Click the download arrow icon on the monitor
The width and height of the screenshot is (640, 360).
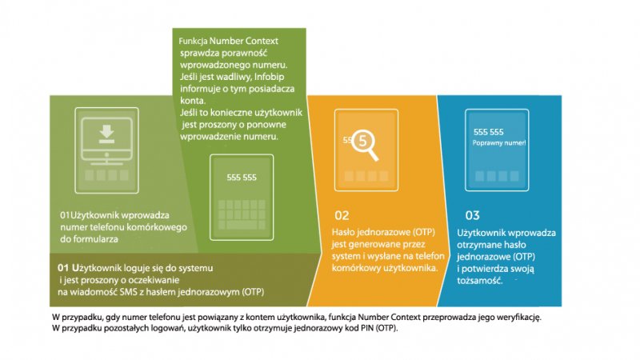point(107,134)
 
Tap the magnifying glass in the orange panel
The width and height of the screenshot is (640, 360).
point(365,144)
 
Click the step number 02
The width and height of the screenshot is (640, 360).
point(342,215)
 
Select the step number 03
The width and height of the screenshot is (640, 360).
point(473,215)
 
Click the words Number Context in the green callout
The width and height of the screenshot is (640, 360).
point(244,41)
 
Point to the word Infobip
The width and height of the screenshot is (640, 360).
point(269,77)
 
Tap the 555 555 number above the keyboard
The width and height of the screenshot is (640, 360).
point(242,178)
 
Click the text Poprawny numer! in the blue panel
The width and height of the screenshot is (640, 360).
point(498,143)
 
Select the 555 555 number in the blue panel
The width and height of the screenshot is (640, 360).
point(489,132)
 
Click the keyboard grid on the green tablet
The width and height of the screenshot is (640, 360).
point(242,214)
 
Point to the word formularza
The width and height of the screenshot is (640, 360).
point(95,239)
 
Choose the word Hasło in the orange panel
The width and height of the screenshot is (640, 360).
point(343,232)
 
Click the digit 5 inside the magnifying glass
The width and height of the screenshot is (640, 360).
point(362,142)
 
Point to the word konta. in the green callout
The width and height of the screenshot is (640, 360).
point(193,101)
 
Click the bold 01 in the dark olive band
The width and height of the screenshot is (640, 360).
point(63,268)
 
